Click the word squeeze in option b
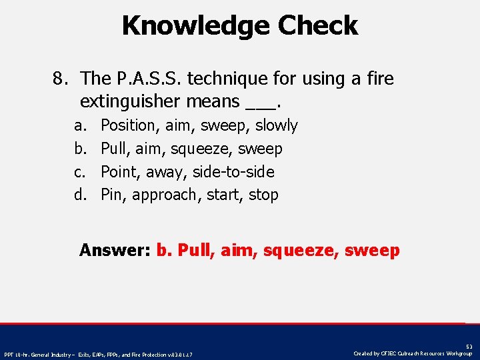pyautogui.click(x=197, y=149)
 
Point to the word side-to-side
pyautogui.click(x=233, y=172)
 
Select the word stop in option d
pyautogui.click(x=263, y=195)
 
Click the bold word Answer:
pyautogui.click(x=115, y=251)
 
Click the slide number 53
pyautogui.click(x=468, y=347)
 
